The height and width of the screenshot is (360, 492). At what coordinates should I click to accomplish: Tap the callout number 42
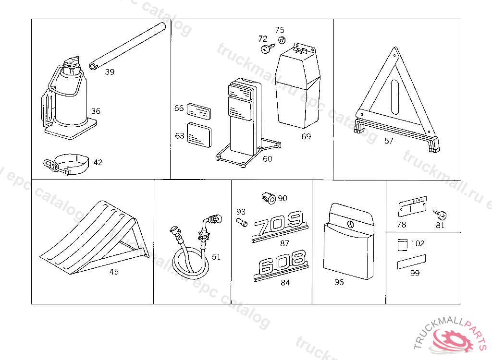tap(98, 163)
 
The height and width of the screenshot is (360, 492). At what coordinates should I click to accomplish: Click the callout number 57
tap(389, 141)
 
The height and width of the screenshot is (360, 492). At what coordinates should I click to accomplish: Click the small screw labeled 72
tap(265, 48)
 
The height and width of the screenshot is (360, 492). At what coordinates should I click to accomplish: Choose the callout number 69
tap(306, 136)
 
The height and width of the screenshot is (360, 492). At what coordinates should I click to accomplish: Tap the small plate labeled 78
tap(412, 208)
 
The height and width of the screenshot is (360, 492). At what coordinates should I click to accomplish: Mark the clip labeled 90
tap(269, 197)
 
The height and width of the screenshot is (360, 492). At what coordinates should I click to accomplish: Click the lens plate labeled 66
tap(198, 111)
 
